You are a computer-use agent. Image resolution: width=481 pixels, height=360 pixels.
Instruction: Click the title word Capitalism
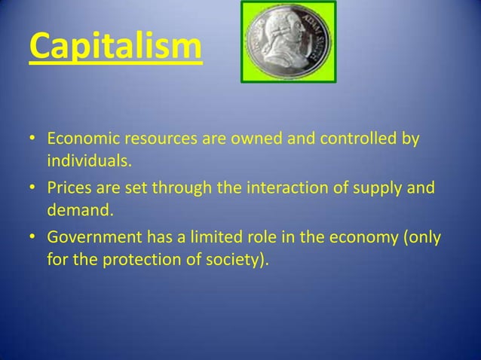[x=115, y=47]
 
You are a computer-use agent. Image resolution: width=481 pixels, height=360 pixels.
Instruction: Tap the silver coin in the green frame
[x=288, y=41]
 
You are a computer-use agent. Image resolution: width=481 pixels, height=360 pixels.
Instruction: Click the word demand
[x=78, y=206]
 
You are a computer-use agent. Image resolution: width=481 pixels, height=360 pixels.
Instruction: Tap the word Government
[x=93, y=239]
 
